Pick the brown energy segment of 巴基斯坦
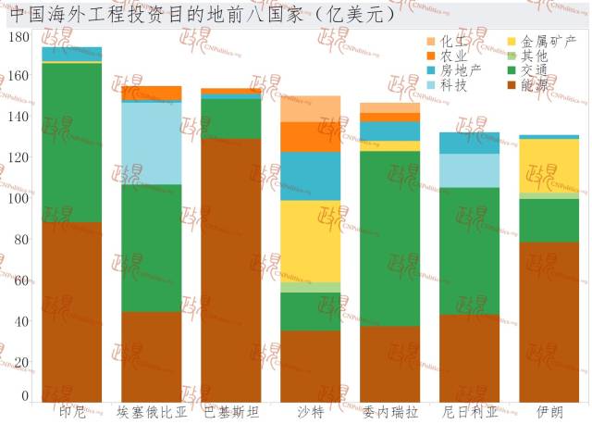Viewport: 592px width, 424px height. (x=231, y=269)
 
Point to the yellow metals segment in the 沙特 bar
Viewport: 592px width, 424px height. (x=311, y=241)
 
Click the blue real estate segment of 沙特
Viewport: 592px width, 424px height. (x=311, y=176)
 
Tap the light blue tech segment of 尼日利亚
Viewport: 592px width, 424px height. (x=470, y=170)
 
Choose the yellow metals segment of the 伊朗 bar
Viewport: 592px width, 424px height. (x=549, y=166)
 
